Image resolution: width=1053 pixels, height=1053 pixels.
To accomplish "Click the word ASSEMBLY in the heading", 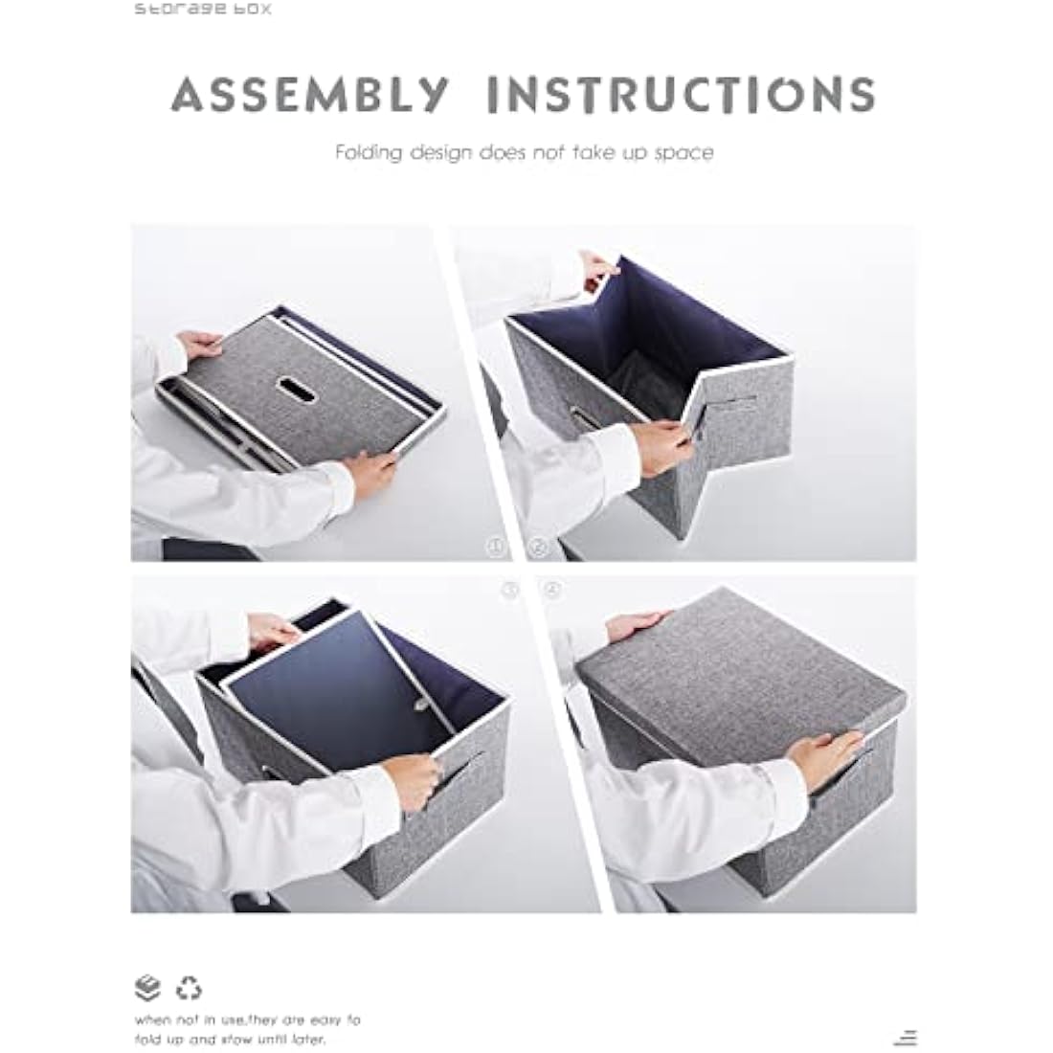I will point(309,95).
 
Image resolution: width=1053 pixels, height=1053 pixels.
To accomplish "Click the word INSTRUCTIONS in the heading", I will point(680,95).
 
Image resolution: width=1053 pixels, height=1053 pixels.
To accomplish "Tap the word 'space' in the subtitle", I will point(683,152).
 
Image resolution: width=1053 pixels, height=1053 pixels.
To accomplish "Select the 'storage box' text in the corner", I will point(202,10).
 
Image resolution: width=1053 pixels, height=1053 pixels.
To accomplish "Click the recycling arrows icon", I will point(190,987).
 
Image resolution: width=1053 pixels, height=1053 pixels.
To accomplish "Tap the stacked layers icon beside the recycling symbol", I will point(147,987).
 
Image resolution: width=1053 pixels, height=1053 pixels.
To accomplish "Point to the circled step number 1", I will point(496,548).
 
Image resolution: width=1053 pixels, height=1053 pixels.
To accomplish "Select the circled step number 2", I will point(538,548).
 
